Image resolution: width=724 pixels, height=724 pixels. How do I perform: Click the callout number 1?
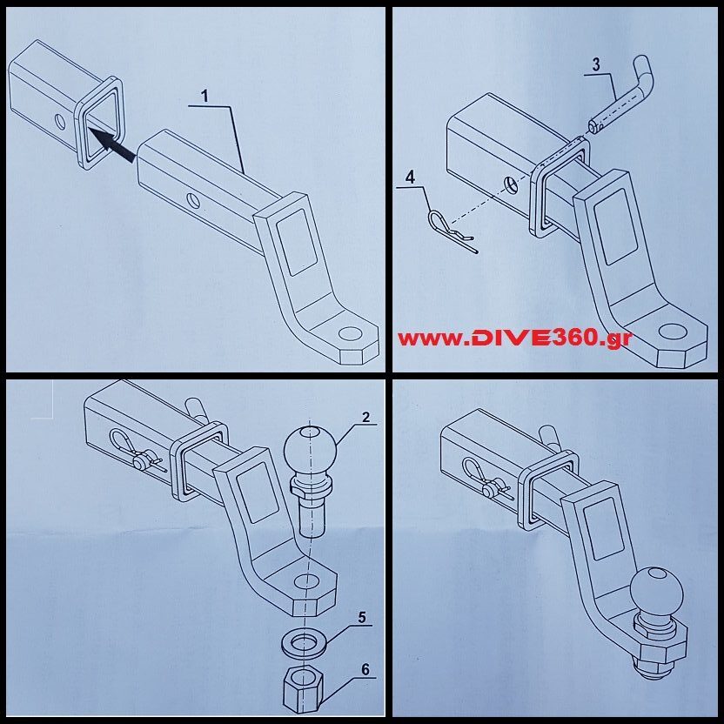coord(204,97)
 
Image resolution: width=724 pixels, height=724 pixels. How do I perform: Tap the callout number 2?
coord(365,418)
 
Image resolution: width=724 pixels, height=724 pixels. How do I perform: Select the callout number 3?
coord(596,64)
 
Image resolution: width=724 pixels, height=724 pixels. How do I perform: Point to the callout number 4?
coord(411,178)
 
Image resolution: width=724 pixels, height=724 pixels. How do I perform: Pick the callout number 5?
coord(361,617)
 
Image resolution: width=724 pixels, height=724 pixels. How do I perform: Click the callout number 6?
coord(365,669)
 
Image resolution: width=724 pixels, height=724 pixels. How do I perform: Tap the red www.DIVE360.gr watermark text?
coord(514,339)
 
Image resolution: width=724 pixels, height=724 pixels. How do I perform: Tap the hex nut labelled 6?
coord(303,688)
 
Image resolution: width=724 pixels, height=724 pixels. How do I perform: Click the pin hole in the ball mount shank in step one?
coord(191,200)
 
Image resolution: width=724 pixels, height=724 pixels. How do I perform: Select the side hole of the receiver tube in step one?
coord(60,122)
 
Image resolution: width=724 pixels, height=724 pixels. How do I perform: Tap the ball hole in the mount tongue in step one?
coord(352,334)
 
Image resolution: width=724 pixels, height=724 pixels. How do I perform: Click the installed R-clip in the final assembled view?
coord(485,480)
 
